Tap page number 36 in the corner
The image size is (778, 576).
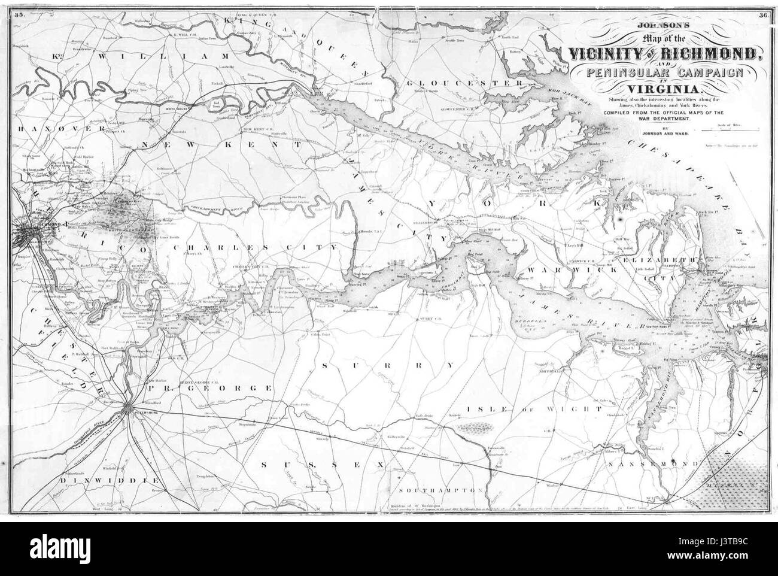762,16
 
